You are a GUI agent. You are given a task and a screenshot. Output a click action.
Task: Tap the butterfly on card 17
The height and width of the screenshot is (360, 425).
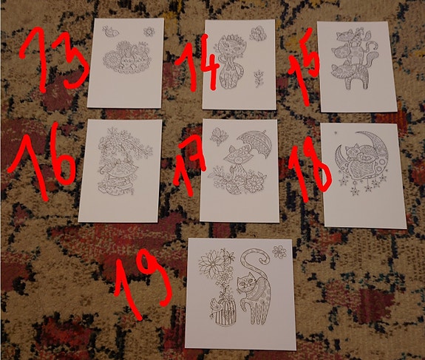coord(218,135)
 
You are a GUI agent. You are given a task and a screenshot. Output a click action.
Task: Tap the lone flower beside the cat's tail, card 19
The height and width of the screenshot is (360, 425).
coord(279,252)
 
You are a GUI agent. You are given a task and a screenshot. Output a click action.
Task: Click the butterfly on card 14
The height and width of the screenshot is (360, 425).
coord(258,33)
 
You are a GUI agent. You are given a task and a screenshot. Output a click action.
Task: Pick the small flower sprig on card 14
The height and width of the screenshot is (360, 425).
coord(258,75)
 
